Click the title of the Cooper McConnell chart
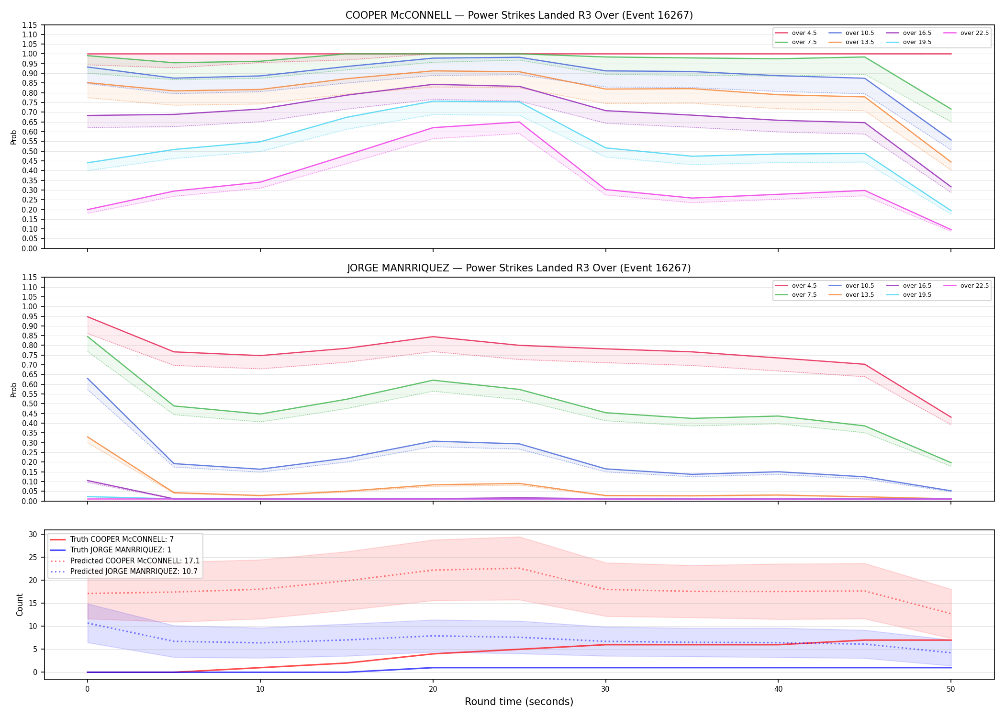[519, 15]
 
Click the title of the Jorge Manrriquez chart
[519, 268]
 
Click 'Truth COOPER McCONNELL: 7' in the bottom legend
[112, 539]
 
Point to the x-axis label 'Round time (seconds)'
[519, 702]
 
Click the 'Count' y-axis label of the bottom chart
[20, 605]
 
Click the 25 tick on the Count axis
[33, 557]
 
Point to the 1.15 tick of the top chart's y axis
[30, 25]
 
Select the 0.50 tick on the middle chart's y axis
[30, 404]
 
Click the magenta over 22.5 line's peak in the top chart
[519, 122]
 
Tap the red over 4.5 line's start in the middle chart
[87, 317]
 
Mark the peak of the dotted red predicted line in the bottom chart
[519, 568]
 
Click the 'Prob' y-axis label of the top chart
[14, 137]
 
